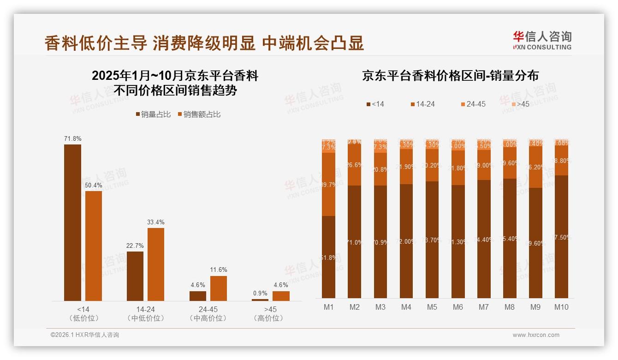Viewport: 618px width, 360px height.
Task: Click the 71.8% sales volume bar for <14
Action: point(72,222)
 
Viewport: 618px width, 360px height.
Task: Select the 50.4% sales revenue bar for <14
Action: point(94,246)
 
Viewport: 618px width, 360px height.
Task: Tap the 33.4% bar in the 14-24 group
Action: point(156,264)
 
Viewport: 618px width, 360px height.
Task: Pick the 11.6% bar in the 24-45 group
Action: point(219,288)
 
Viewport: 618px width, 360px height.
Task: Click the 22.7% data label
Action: point(135,246)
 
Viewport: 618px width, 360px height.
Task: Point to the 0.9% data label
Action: point(260,293)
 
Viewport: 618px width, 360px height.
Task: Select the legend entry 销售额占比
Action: point(199,114)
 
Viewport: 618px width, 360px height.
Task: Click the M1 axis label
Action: point(328,307)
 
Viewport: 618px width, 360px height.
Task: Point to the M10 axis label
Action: point(561,307)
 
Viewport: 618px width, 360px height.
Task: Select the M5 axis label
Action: point(432,307)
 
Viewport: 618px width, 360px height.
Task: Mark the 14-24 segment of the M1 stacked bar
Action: point(328,184)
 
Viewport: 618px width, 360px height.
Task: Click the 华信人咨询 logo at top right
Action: point(542,40)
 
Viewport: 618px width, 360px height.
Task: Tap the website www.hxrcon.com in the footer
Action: point(535,335)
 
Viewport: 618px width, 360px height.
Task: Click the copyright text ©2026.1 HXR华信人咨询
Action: point(85,335)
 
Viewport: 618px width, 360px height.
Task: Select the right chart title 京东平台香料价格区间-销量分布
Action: point(450,76)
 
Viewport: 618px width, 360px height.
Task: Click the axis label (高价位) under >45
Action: point(268,318)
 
